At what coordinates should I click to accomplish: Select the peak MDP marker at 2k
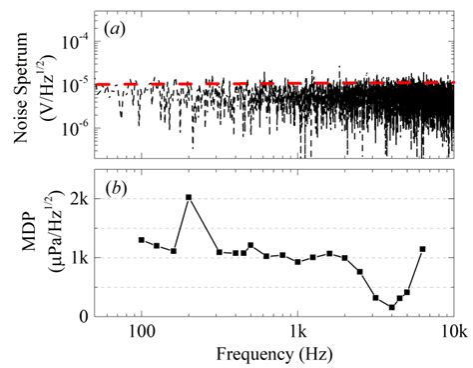[189, 197]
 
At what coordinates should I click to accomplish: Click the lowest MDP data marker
[392, 308]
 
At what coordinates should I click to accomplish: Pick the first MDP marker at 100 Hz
[142, 240]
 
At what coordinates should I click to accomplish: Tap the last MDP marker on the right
[423, 249]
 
